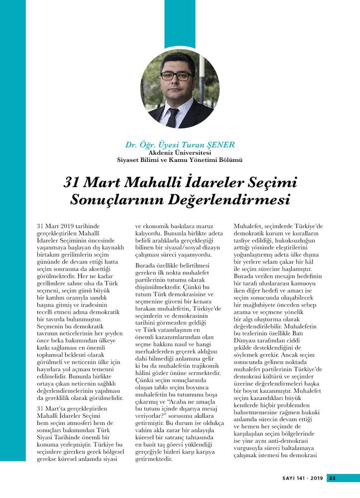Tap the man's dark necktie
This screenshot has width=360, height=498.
(x=173, y=117)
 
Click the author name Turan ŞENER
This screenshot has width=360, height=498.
(x=211, y=145)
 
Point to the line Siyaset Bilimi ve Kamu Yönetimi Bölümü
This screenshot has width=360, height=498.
(x=179, y=160)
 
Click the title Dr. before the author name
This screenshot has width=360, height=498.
(x=131, y=145)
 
